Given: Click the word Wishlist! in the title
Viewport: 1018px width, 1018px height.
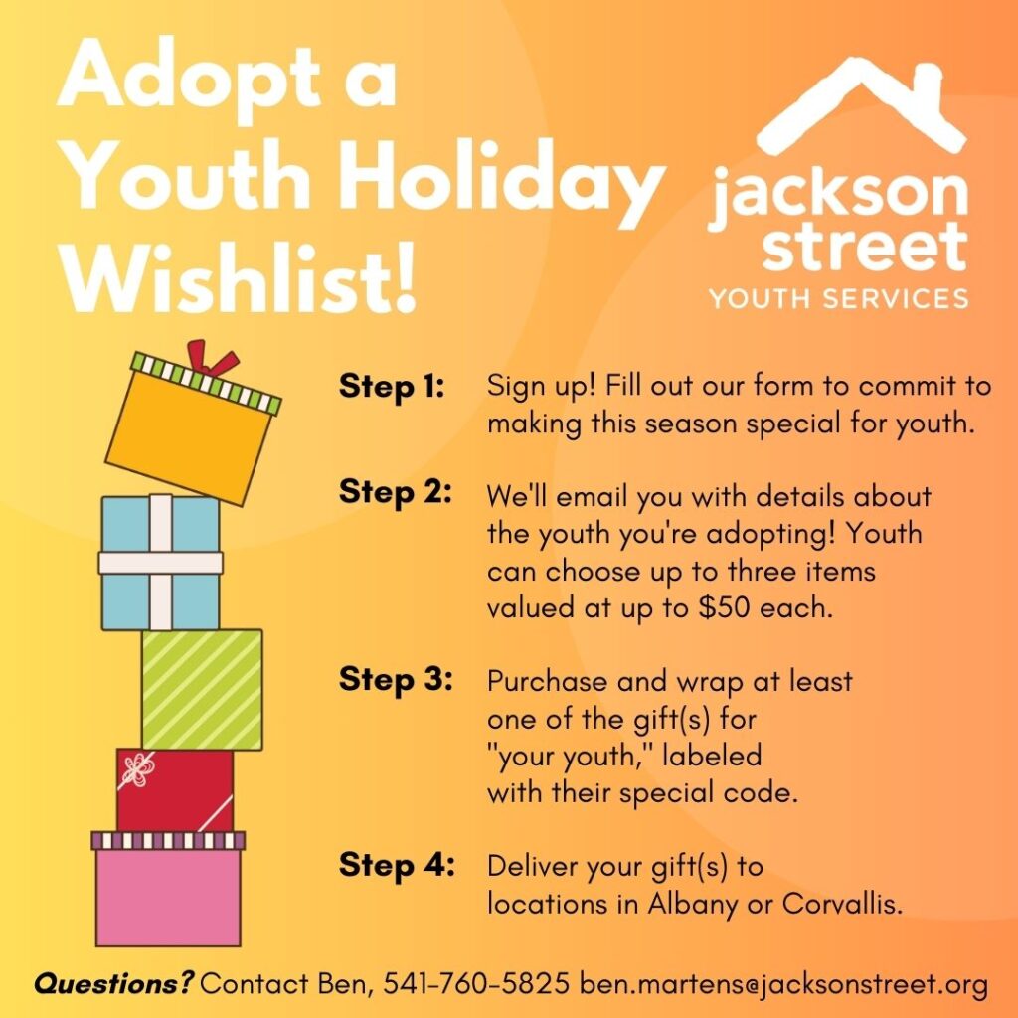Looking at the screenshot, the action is pyautogui.click(x=238, y=279).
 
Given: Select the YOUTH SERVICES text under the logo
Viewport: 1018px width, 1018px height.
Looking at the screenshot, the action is pyautogui.click(x=838, y=298).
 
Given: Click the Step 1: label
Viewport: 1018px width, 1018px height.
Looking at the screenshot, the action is pyautogui.click(x=392, y=387).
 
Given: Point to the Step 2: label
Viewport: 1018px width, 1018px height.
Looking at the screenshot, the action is pyautogui.click(x=395, y=491).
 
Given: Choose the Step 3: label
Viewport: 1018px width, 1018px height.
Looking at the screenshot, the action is pyautogui.click(x=396, y=679).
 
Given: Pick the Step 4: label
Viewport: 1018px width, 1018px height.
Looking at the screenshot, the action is pyautogui.click(x=397, y=865).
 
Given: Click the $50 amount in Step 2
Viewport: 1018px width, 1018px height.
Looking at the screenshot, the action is pyautogui.click(x=724, y=607).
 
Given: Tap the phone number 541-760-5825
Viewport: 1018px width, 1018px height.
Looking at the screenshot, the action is pyautogui.click(x=476, y=983).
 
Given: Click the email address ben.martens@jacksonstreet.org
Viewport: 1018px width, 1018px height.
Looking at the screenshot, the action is pyautogui.click(x=783, y=984).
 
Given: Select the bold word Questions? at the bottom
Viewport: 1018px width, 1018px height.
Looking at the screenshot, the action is pyautogui.click(x=113, y=983).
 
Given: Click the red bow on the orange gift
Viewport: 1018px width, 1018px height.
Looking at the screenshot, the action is pyautogui.click(x=212, y=358).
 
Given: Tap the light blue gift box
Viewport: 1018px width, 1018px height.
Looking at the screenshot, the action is pyautogui.click(x=161, y=563).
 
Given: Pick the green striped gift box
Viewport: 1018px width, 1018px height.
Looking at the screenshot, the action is pyautogui.click(x=203, y=690).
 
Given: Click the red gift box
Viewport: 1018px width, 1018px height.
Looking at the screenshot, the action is pyautogui.click(x=175, y=789).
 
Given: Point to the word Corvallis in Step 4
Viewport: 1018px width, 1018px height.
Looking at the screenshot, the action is pyautogui.click(x=842, y=903).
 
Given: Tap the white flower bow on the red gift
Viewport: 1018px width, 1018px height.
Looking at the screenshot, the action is pyautogui.click(x=138, y=769).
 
